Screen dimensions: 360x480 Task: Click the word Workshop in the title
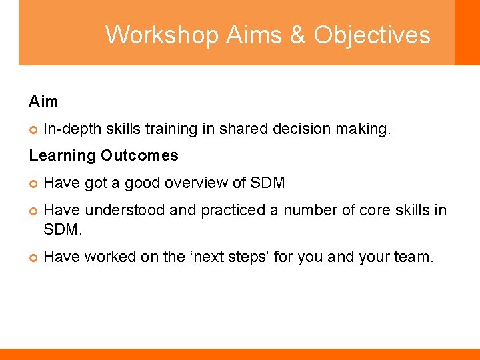[x=162, y=35]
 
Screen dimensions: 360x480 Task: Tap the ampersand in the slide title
[x=297, y=35]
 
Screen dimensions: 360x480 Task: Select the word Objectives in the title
[x=372, y=35]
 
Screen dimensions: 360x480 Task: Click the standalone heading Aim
[x=43, y=101]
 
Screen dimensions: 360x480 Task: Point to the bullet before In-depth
[x=33, y=129]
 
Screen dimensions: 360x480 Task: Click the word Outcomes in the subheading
[x=140, y=155]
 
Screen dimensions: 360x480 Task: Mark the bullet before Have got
[x=33, y=183]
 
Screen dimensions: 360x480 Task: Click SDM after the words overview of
[x=267, y=183]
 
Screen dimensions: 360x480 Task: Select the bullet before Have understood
[x=33, y=211]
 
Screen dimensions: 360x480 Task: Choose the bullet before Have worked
[x=33, y=257]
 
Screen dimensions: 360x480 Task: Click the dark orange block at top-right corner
[x=467, y=32]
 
